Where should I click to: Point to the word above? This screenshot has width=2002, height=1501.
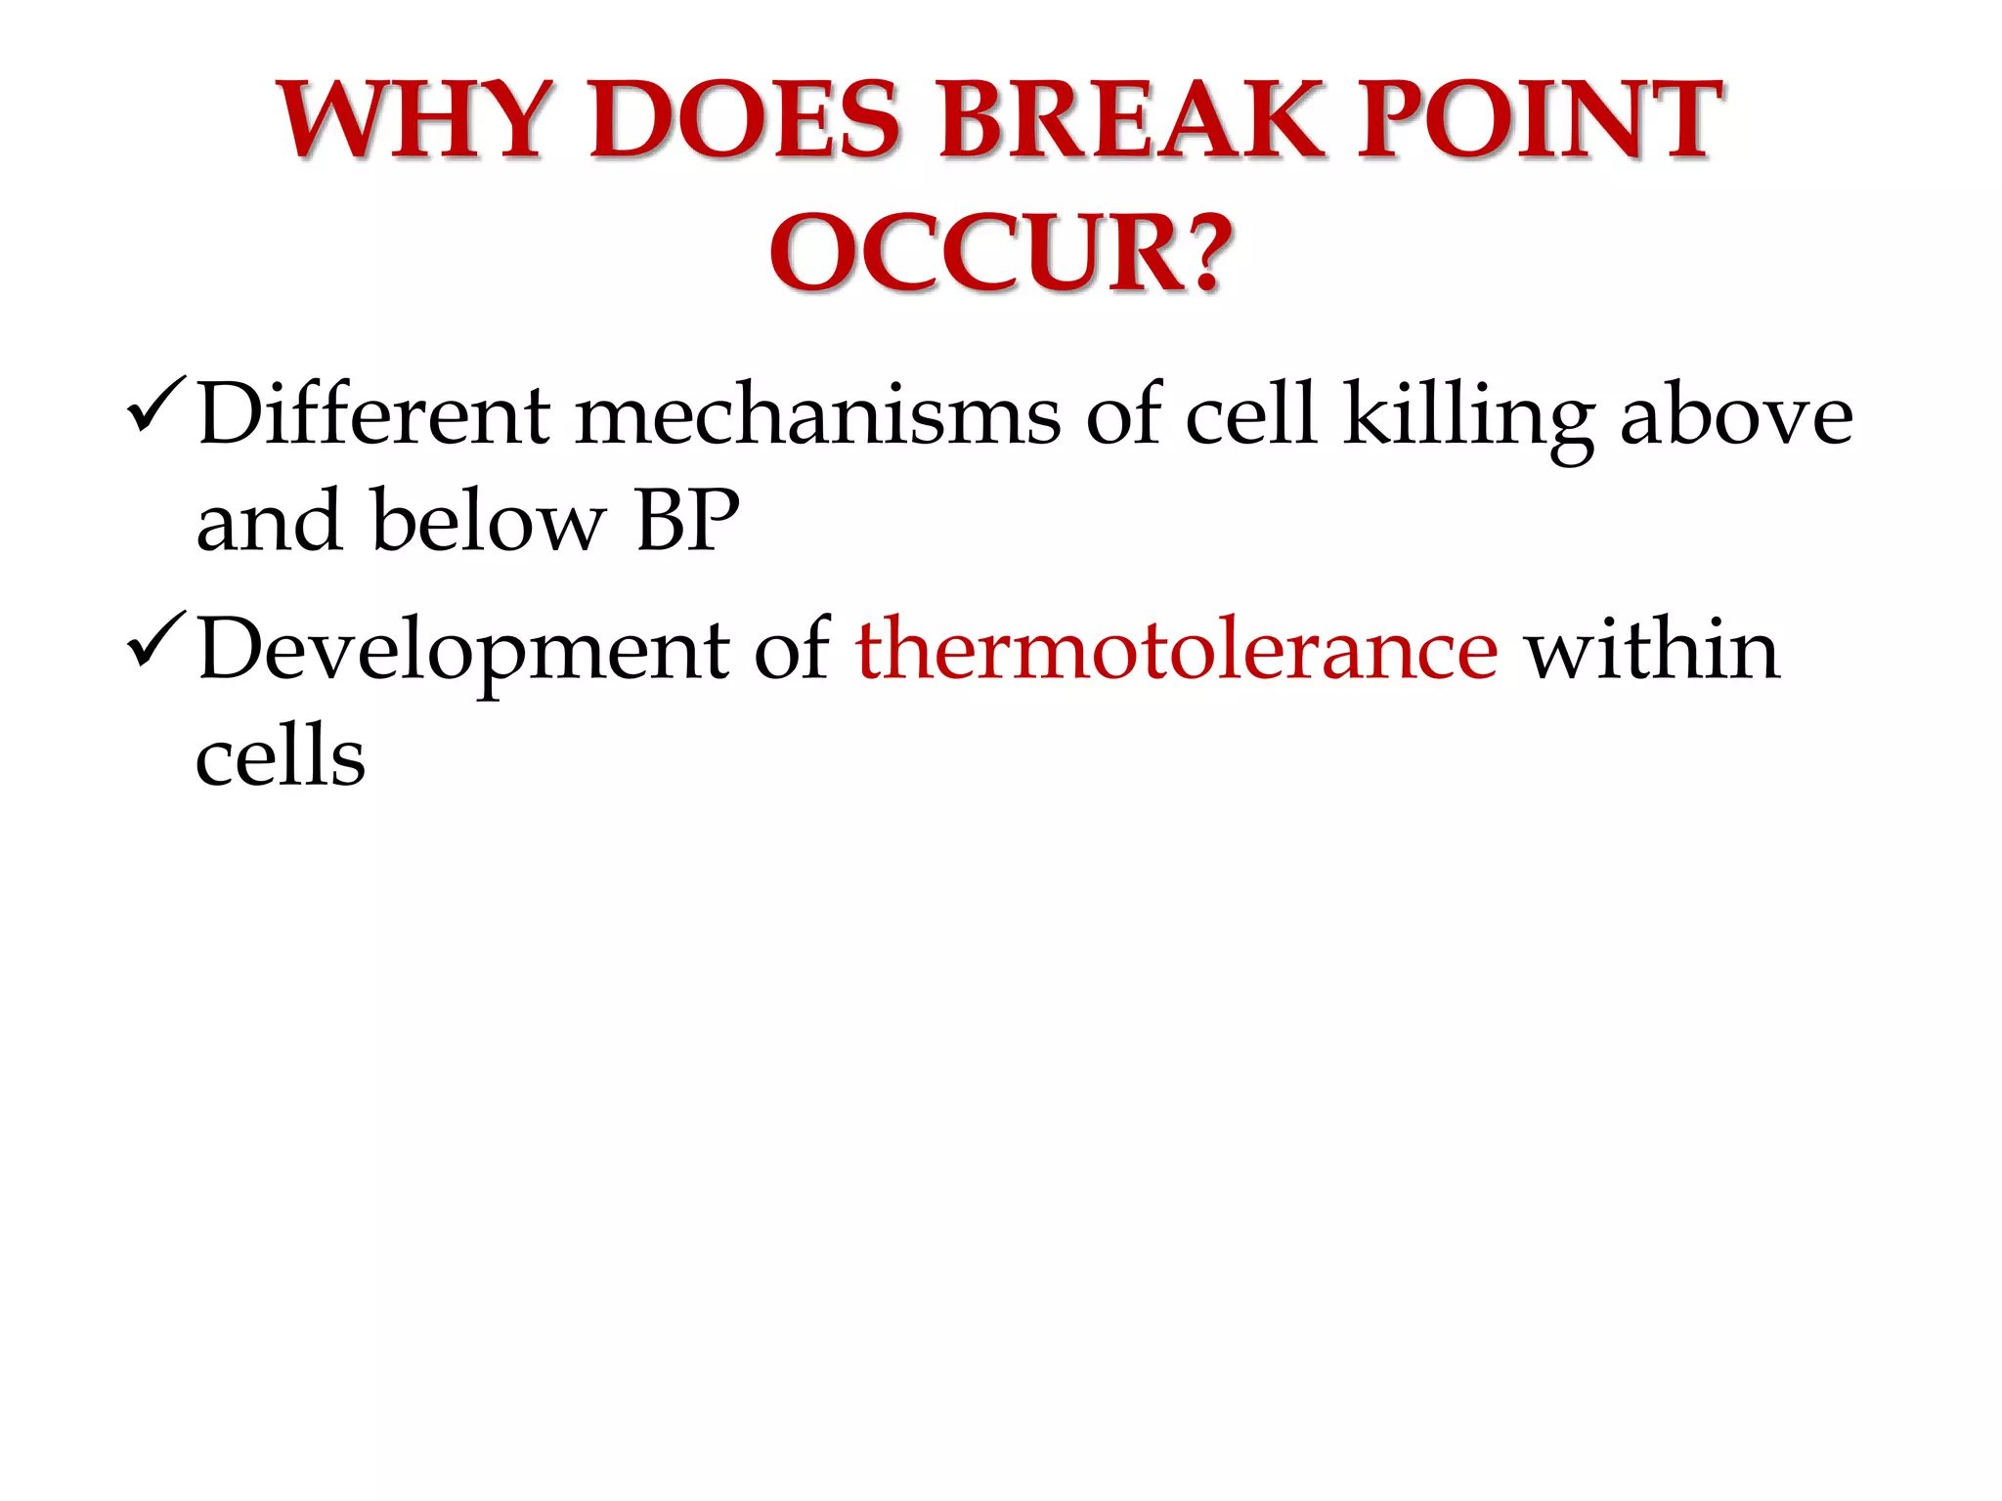click(1736, 415)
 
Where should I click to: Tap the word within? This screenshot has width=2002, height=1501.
click(1652, 650)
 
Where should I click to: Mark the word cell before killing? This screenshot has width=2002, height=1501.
click(1250, 415)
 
